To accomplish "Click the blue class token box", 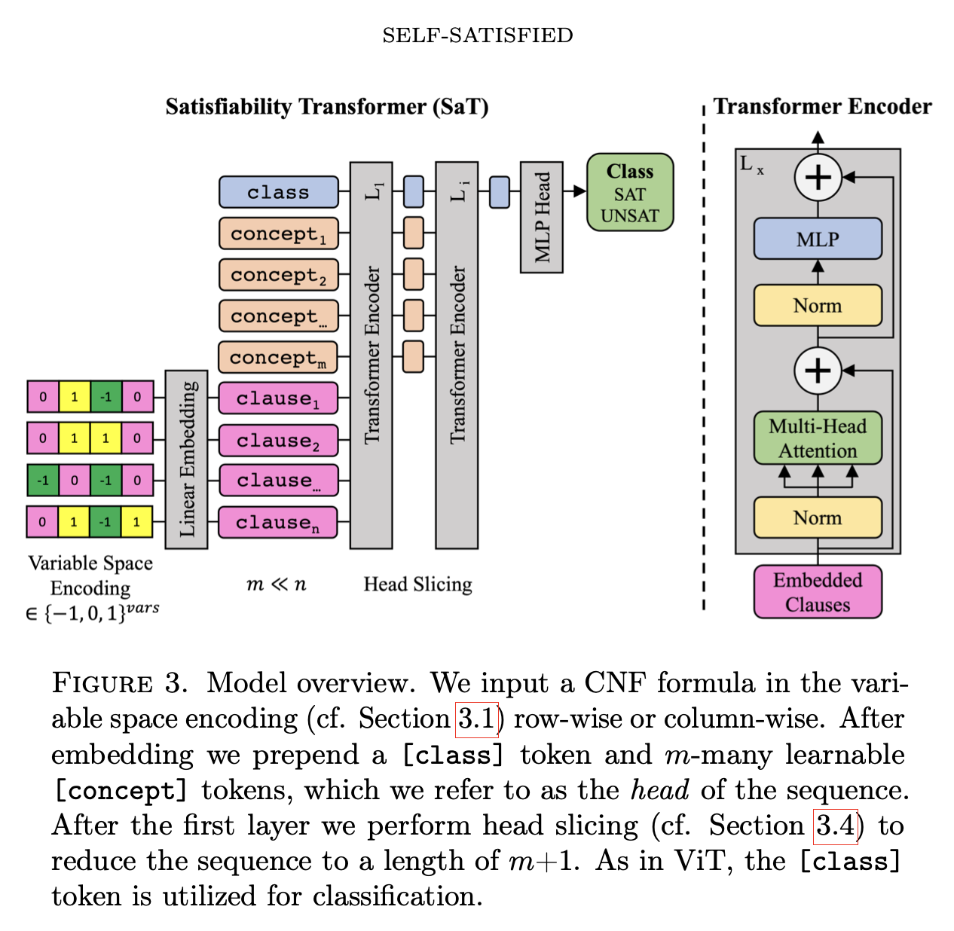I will (x=278, y=192).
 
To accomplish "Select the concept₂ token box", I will (x=278, y=275).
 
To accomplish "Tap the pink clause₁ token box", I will (x=278, y=398).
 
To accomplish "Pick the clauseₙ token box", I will (x=278, y=523).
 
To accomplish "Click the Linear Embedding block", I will (x=186, y=459).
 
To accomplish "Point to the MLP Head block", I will (x=541, y=217).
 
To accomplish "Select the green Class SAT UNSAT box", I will (x=629, y=193).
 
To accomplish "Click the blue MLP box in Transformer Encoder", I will (x=818, y=239).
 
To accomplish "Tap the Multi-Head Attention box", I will (x=818, y=438).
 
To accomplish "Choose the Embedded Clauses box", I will (x=818, y=592).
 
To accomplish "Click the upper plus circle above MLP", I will (x=818, y=178).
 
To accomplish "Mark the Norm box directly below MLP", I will (x=818, y=305).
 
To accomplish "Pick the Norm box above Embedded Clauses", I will (x=818, y=517).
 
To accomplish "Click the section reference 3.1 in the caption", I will (x=477, y=719).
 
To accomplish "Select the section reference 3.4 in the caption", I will (x=836, y=826).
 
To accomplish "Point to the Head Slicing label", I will (x=417, y=585).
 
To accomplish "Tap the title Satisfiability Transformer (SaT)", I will (x=327, y=107).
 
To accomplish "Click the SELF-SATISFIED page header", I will (x=477, y=35).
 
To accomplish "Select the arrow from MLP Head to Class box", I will (x=575, y=191).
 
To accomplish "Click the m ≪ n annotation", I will (x=277, y=585).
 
